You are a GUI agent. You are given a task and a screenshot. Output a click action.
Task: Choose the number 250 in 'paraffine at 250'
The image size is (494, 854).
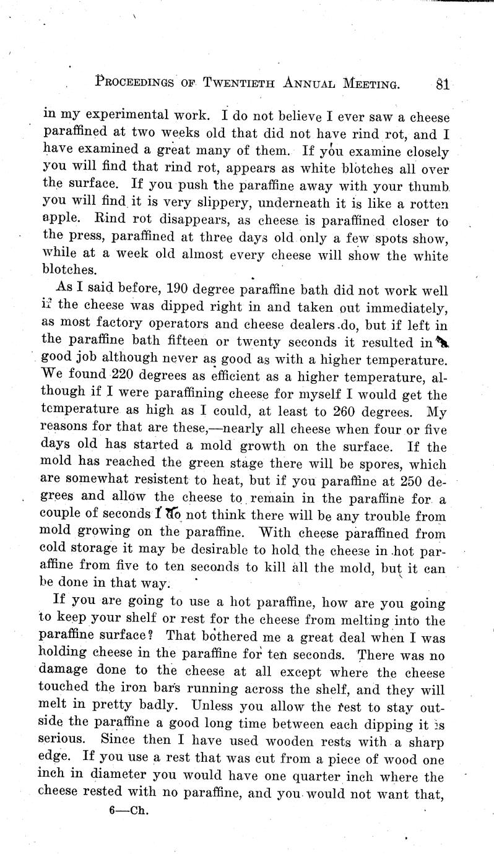coord(412,480)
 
